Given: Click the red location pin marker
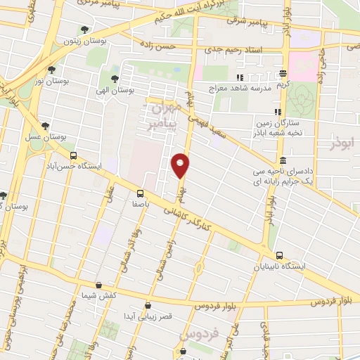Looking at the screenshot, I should (181, 165).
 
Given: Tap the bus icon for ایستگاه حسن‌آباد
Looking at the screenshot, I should (73, 156).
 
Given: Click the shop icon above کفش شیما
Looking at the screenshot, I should (98, 285).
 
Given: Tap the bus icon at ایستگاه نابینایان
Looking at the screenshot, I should (280, 256).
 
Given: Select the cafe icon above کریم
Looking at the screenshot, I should (283, 73).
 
